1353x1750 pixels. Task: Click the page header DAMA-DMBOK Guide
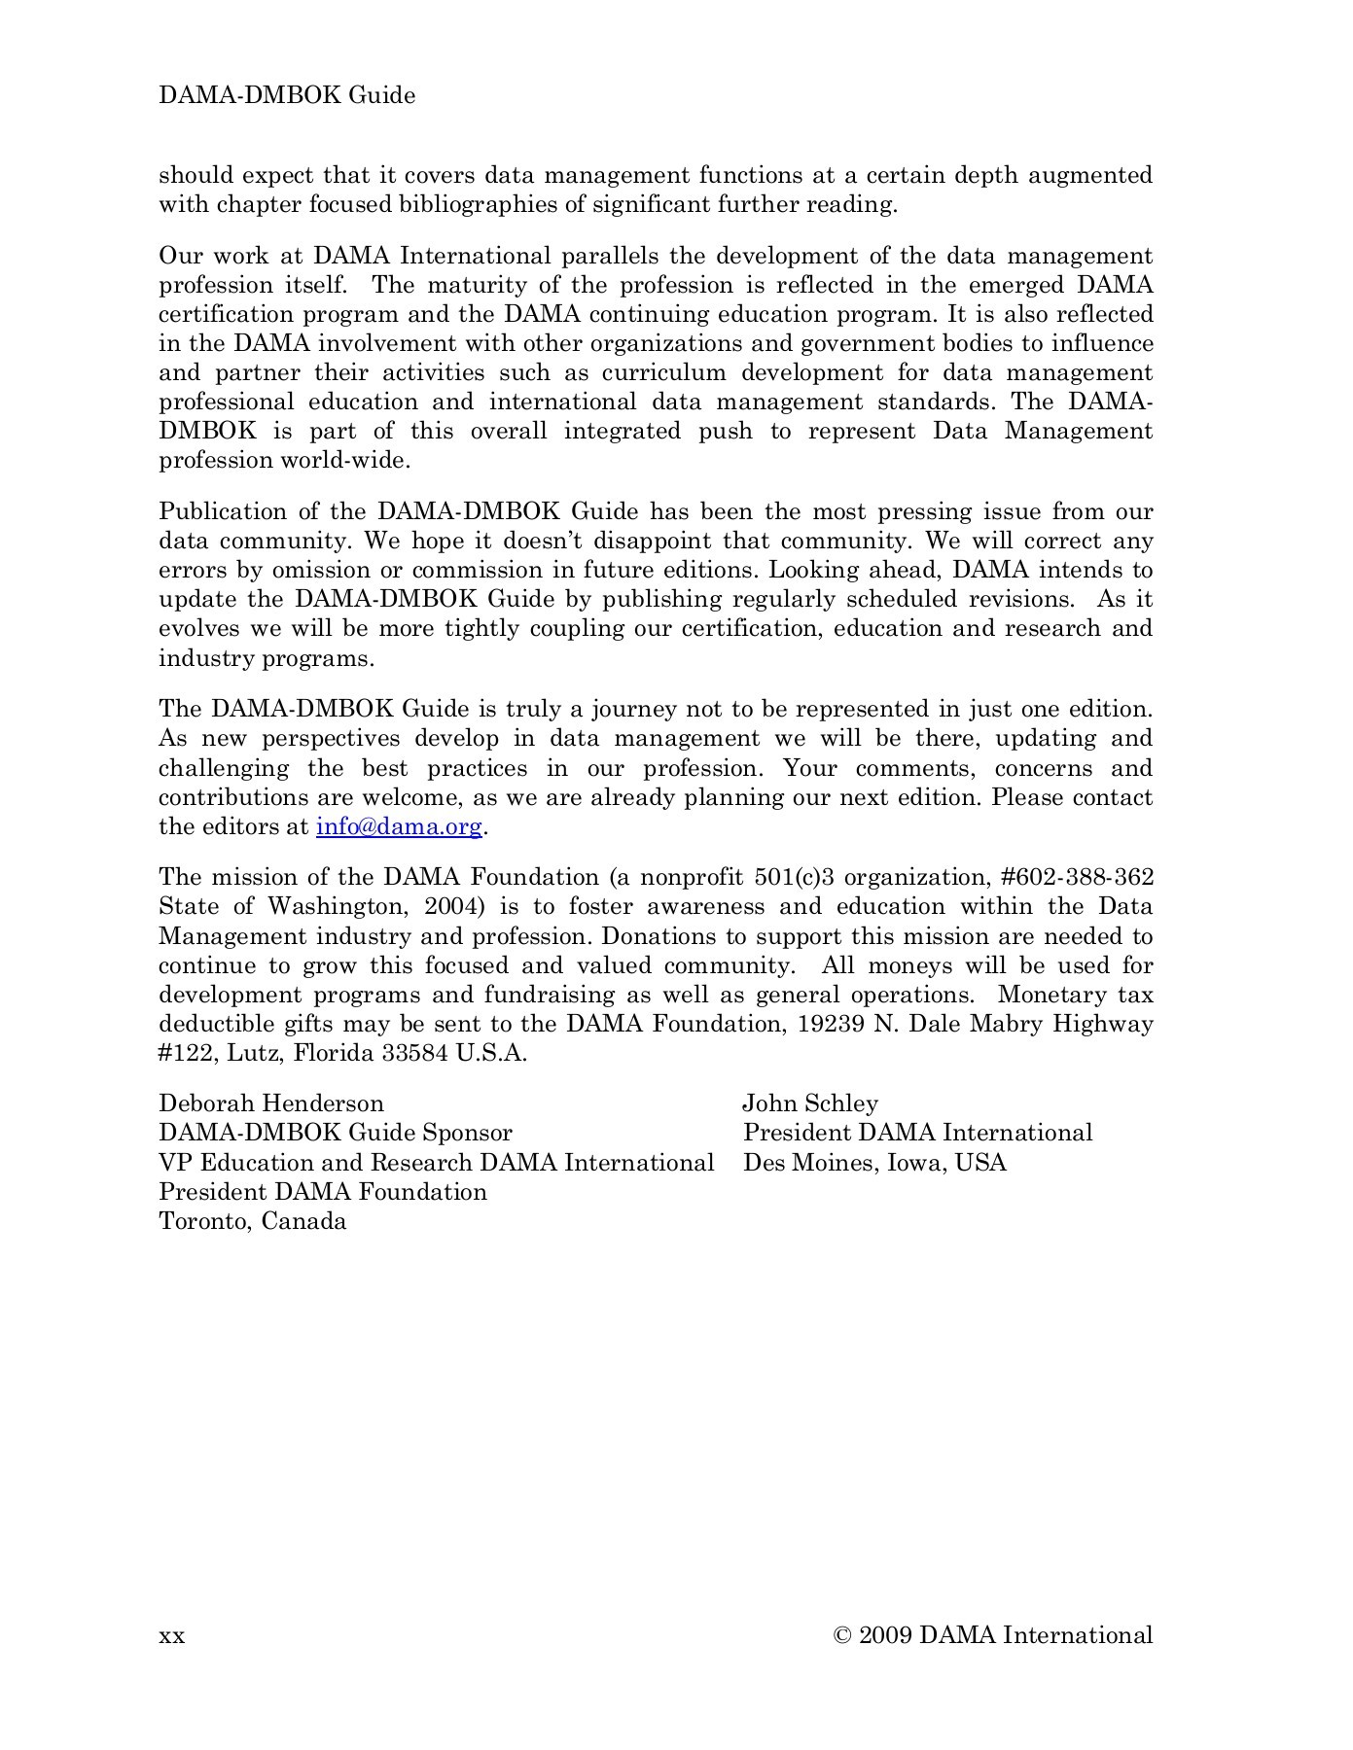(x=287, y=95)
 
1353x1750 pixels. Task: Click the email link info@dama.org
(x=399, y=827)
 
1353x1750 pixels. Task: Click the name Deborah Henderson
(x=271, y=1103)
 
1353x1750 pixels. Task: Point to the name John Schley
(x=810, y=1103)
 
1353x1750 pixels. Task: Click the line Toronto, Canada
(x=253, y=1221)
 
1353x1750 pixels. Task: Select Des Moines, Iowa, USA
(x=874, y=1163)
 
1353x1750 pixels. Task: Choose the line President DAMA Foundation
(x=323, y=1192)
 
